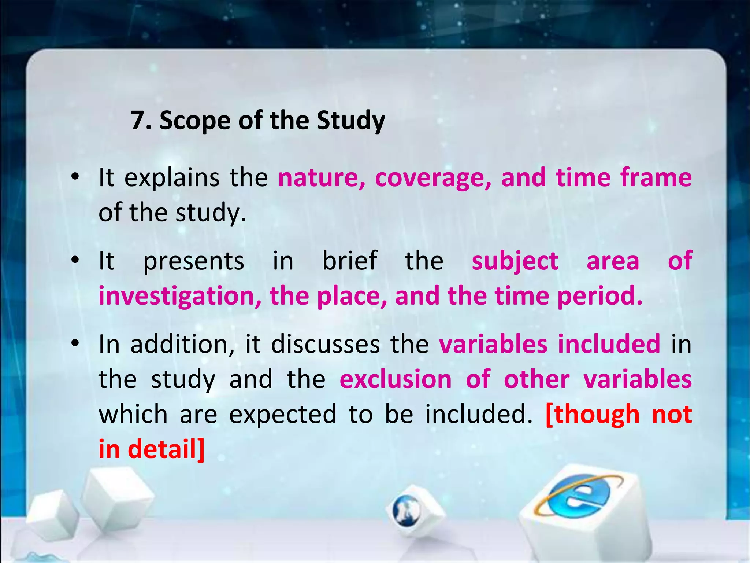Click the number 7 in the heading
[138, 120]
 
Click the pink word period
[599, 296]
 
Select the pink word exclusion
[396, 379]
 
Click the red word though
[592, 414]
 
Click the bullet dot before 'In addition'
[75, 343]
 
